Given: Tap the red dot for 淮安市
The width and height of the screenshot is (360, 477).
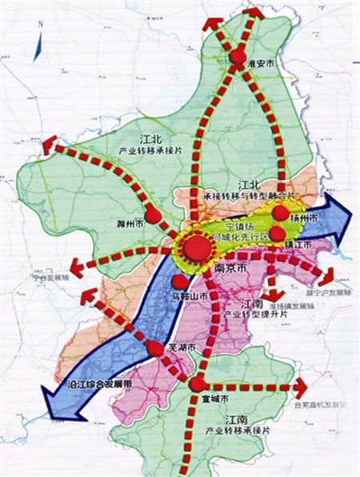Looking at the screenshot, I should point(238,58).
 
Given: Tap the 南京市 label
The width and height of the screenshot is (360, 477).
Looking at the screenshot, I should point(231,271).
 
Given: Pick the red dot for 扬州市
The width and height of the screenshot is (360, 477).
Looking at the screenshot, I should point(280,213).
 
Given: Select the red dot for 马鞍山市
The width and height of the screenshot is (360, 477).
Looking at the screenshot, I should point(182,282).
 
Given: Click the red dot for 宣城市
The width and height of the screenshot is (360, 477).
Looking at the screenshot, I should point(197,386).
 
